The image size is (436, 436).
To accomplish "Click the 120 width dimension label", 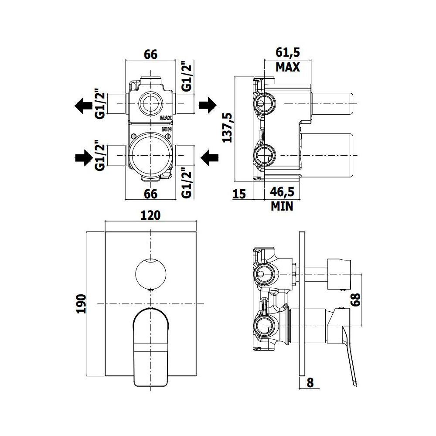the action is [150, 215].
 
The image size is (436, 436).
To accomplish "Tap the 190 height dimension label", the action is [82, 303].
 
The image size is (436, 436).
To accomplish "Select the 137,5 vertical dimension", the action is [228, 128].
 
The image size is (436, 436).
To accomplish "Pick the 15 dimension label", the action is [239, 194].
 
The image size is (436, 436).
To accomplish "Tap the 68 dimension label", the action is [355, 300].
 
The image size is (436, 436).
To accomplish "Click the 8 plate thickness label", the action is [310, 383].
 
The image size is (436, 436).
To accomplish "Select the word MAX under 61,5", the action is [288, 67].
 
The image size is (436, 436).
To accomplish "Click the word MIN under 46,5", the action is [282, 206].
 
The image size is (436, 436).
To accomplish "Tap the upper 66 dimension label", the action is [150, 54].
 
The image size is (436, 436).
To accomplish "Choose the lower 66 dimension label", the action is [150, 194].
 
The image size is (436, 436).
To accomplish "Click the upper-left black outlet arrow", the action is [83, 106].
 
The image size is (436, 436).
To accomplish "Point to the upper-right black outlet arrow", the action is [208, 105].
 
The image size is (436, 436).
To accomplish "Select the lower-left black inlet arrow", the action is [84, 158].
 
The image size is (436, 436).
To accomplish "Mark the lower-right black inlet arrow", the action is [209, 158].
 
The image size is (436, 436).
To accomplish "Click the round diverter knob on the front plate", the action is [151, 274].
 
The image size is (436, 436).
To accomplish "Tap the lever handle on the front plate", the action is [151, 347].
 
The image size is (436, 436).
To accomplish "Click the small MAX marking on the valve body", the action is [166, 118].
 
